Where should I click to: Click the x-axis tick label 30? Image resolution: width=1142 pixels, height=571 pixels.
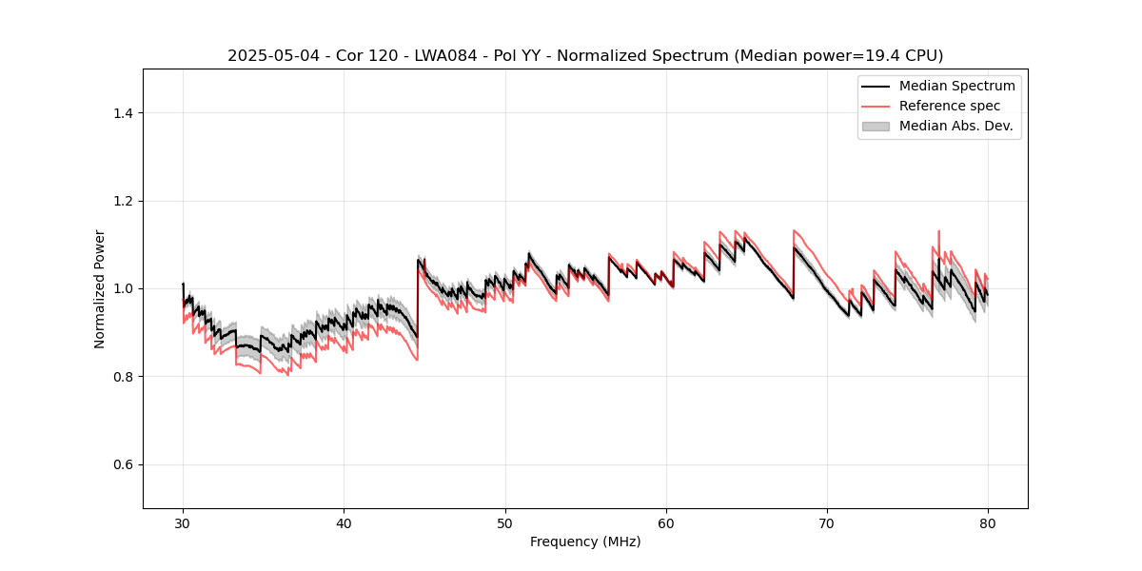[183, 522]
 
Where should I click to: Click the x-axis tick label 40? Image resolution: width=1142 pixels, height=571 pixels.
[344, 522]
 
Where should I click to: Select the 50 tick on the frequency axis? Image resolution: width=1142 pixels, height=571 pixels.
[505, 522]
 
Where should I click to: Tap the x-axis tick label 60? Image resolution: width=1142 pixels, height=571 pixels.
[666, 522]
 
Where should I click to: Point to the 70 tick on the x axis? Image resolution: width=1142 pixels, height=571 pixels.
[827, 522]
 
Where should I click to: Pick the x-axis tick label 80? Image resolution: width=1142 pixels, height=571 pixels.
[988, 522]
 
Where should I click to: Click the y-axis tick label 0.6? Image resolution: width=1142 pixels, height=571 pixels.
[123, 464]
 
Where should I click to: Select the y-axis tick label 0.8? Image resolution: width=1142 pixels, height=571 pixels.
[123, 377]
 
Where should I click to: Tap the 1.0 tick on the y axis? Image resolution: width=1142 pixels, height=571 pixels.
[123, 288]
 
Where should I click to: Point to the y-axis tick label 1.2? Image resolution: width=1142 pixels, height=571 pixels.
[123, 201]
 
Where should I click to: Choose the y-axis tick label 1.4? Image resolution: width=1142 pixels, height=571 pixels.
[123, 113]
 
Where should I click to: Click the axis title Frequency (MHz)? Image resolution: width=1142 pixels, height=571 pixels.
[585, 541]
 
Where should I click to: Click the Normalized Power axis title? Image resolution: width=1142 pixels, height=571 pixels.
[100, 288]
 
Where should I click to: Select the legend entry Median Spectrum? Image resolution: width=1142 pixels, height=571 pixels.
[956, 86]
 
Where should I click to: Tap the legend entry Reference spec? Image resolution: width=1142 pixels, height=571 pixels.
[949, 106]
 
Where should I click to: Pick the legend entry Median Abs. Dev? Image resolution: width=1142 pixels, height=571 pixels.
[955, 126]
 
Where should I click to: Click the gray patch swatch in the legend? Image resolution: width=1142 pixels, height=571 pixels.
[876, 126]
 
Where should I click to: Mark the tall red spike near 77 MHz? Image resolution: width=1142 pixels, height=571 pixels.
[938, 231]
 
